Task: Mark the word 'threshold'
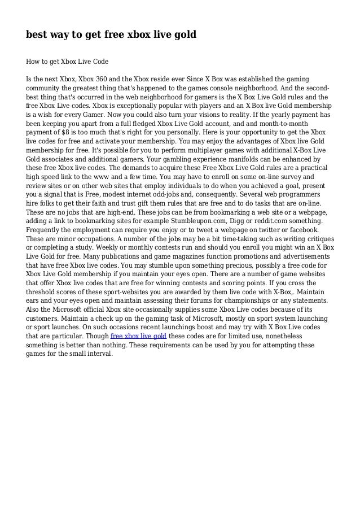click(x=43, y=290)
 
